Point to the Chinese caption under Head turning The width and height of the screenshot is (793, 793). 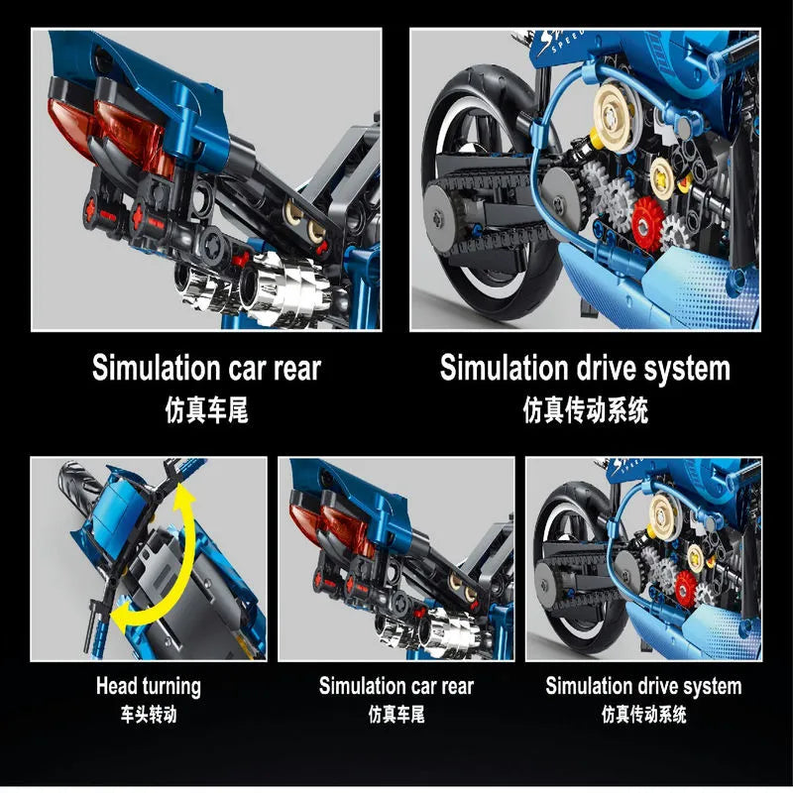(149, 715)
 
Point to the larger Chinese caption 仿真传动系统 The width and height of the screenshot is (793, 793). (585, 409)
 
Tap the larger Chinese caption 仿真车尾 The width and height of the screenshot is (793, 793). (206, 409)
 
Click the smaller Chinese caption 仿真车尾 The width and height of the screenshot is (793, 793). (396, 715)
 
